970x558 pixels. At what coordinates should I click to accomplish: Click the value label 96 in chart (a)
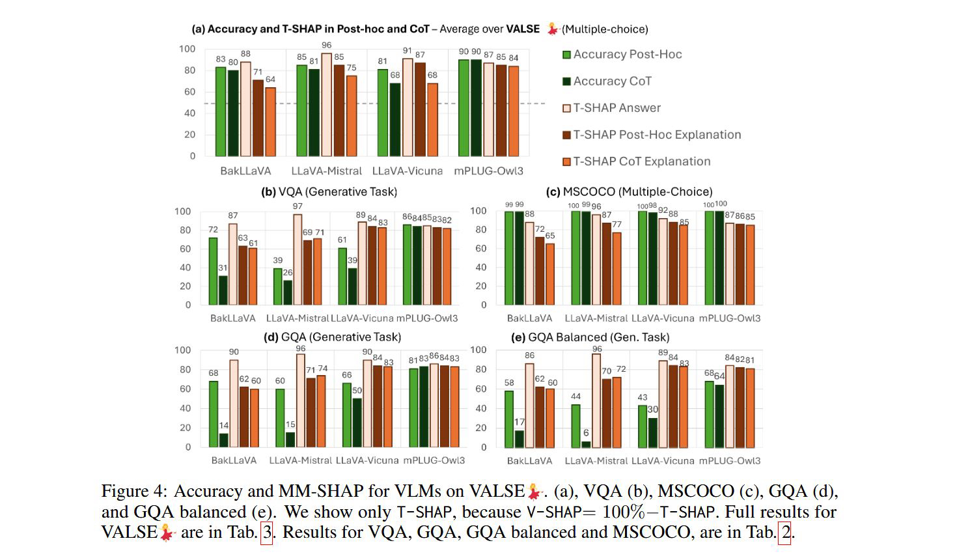326,45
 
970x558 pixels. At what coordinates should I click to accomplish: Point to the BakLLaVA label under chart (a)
245,171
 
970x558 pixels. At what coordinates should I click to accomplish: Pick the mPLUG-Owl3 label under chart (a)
488,171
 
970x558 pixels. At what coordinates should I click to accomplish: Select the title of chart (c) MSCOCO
629,191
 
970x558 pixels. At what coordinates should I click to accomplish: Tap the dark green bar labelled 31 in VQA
223,290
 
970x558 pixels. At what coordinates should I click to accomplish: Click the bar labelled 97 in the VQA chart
298,260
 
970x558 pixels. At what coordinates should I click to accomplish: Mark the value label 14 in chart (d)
223,426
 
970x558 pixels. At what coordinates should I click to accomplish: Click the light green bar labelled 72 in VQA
213,271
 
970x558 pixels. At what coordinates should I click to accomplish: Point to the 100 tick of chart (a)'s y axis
187,49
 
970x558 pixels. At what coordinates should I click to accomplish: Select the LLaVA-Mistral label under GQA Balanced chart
596,460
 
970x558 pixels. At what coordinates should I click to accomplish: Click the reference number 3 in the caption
266,533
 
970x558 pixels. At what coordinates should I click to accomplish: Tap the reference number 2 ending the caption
786,533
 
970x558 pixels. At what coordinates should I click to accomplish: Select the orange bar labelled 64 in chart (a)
270,122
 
